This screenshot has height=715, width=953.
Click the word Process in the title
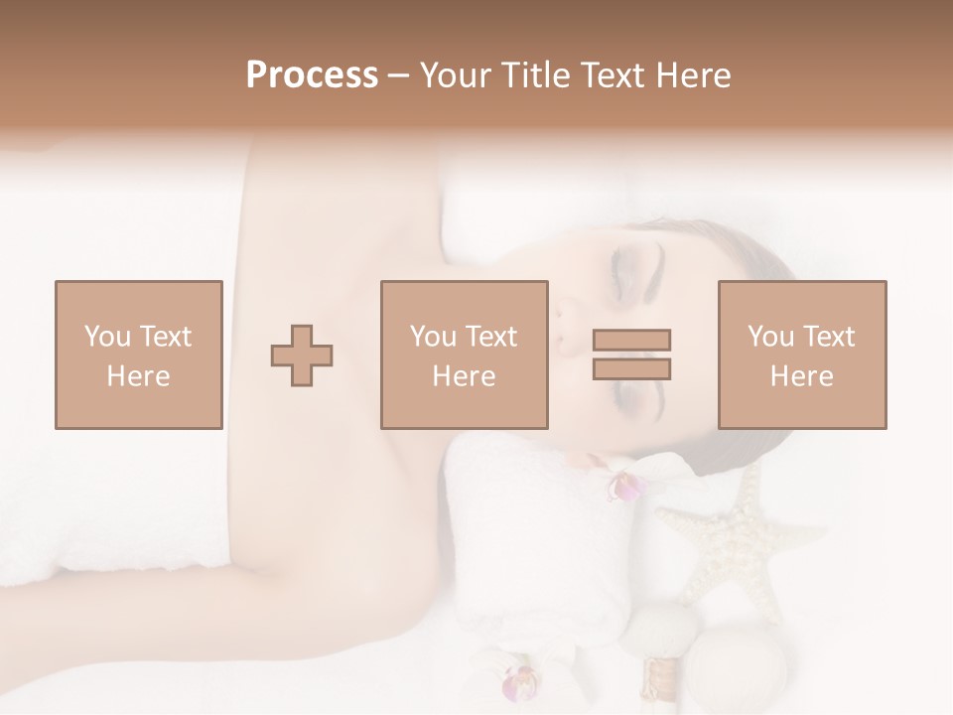pos(312,75)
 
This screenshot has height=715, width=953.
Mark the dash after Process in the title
pos(399,77)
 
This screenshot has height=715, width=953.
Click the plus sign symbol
pos(303,355)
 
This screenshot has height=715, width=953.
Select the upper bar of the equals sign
pos(631,341)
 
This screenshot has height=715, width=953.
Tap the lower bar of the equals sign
pos(631,369)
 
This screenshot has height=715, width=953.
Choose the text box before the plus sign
pos(139,355)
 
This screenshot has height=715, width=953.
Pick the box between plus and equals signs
pos(465,355)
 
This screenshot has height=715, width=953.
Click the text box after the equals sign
pos(802,355)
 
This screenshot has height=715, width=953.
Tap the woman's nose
pos(566,328)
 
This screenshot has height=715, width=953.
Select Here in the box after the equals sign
pos(802,376)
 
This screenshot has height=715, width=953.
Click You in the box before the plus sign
pos(106,337)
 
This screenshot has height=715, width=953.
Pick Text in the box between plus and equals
pos(490,337)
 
